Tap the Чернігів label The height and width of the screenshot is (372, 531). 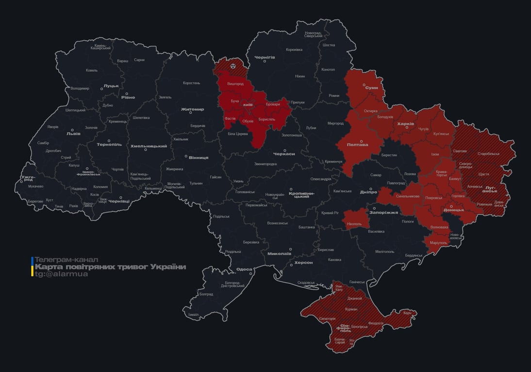(265, 57)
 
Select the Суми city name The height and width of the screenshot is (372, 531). (371, 88)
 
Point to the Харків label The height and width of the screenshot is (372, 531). (405, 124)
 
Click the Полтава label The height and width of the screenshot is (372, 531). (357, 145)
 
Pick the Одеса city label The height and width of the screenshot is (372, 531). (244, 269)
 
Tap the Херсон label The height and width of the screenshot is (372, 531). (303, 262)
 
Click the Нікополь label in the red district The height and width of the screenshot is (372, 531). (354, 224)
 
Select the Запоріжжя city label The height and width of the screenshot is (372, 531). (383, 213)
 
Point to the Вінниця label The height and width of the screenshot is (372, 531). (198, 158)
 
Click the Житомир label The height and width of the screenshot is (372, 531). (192, 109)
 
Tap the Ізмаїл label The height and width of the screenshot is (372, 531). (193, 314)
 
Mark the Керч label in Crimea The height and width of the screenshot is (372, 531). (407, 313)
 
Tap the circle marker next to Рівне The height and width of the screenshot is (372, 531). (127, 94)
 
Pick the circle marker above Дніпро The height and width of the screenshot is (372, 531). (371, 189)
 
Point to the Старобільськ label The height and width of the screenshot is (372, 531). (488, 154)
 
